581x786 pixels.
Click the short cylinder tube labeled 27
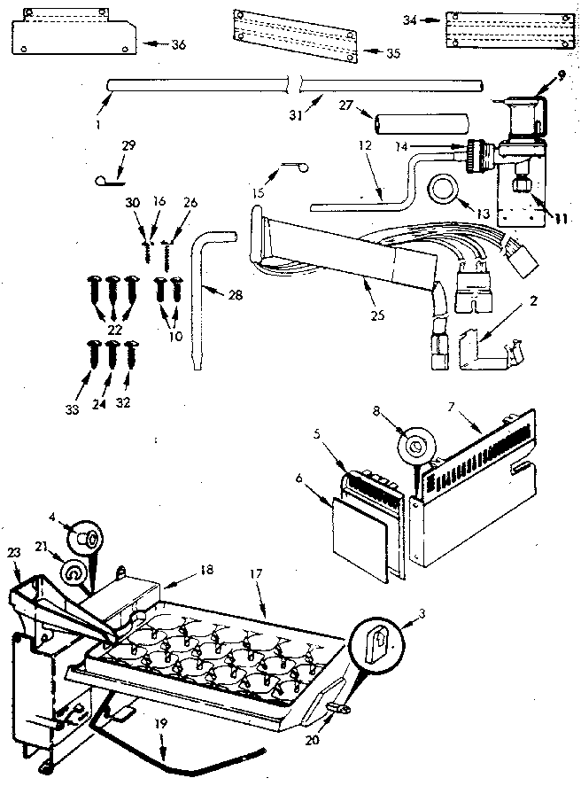[403, 121]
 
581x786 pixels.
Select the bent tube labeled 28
[200, 284]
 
